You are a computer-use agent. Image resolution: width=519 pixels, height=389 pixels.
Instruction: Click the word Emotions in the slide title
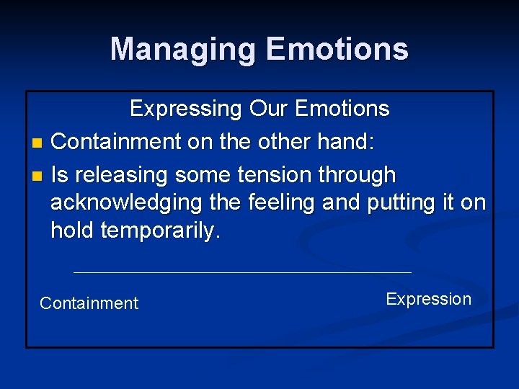pos(337,50)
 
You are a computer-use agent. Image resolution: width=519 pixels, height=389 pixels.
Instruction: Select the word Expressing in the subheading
pos(186,109)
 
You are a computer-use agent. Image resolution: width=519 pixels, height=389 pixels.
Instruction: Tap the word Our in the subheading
pos(267,109)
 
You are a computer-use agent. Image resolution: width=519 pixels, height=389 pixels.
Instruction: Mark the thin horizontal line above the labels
pos(242,272)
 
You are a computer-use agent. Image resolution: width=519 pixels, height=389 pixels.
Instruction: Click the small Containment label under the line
pos(89,303)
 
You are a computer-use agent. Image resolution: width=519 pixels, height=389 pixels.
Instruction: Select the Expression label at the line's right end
pos(428,299)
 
